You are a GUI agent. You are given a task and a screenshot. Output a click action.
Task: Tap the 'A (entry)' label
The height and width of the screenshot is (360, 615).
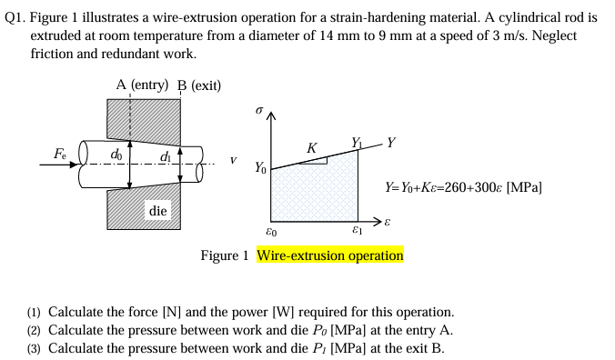tap(142, 85)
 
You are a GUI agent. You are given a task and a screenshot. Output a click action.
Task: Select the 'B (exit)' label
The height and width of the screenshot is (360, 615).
tap(199, 85)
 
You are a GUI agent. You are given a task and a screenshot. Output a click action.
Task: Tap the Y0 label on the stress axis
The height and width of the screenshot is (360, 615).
tap(260, 167)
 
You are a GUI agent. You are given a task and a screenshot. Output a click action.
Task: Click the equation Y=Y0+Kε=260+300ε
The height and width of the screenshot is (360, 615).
tap(464, 187)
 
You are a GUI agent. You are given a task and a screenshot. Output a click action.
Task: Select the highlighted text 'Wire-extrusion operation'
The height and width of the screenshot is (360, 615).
tap(329, 255)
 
